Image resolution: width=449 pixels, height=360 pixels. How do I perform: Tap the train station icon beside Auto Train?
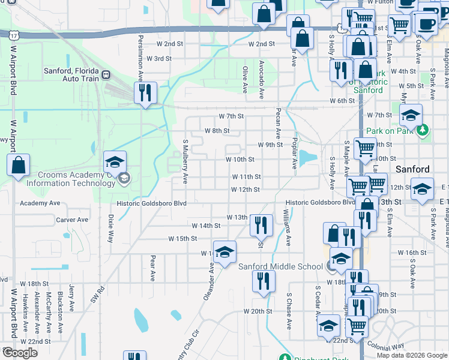(106, 74)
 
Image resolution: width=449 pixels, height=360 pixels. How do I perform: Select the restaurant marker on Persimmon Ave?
(144, 93)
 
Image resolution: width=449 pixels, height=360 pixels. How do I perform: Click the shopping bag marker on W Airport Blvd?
(19, 165)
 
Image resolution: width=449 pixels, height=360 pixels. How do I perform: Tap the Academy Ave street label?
(40, 203)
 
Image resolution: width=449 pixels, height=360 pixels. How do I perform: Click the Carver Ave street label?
(72, 220)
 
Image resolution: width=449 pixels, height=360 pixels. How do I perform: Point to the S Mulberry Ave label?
(185, 162)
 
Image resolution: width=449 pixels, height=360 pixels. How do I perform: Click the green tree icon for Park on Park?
(423, 128)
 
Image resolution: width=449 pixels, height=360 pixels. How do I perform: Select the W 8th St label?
(217, 130)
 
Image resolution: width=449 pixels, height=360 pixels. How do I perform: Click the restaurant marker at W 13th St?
(259, 225)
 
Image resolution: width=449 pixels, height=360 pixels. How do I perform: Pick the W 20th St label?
(258, 311)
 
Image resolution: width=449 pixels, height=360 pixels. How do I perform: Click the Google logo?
(20, 353)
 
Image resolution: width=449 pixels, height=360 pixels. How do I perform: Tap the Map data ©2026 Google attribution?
(411, 355)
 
